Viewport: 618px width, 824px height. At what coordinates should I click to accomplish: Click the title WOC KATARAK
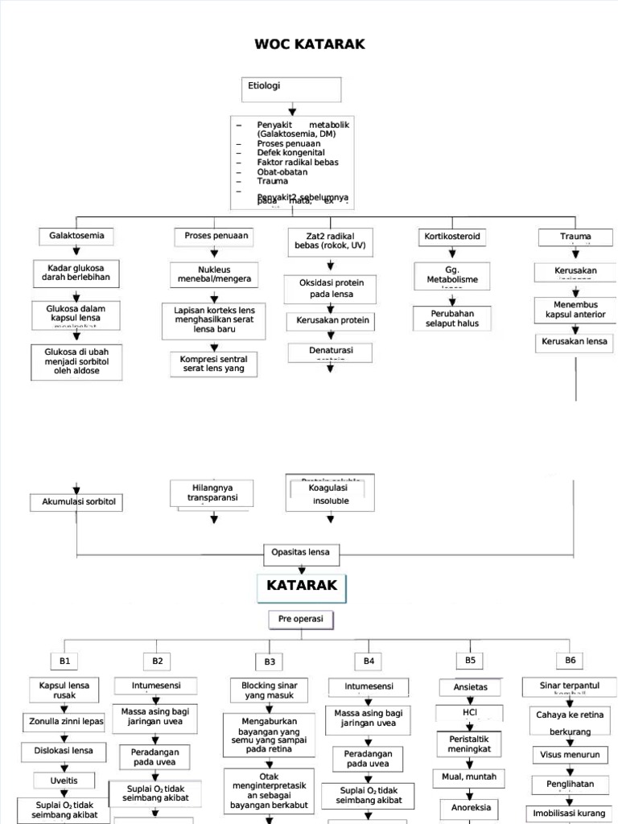[310, 44]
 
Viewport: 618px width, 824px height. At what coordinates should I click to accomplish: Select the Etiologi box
[290, 89]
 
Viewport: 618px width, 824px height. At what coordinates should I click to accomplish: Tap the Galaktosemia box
[76, 237]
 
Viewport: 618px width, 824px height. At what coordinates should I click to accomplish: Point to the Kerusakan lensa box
[575, 342]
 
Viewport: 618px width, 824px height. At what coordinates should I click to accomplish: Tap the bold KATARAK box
[302, 587]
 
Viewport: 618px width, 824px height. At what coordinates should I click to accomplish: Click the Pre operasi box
[301, 620]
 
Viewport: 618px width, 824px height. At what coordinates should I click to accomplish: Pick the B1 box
[65, 661]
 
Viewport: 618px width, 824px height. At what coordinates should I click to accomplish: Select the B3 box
[270, 661]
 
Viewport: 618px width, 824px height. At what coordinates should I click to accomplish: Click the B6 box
[571, 660]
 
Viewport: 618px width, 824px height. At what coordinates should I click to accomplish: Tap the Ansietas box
[470, 687]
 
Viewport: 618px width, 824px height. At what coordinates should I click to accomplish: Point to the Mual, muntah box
[469, 777]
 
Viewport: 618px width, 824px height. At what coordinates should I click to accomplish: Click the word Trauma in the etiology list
[272, 181]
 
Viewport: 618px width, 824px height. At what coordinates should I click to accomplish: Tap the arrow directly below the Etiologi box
[291, 110]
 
